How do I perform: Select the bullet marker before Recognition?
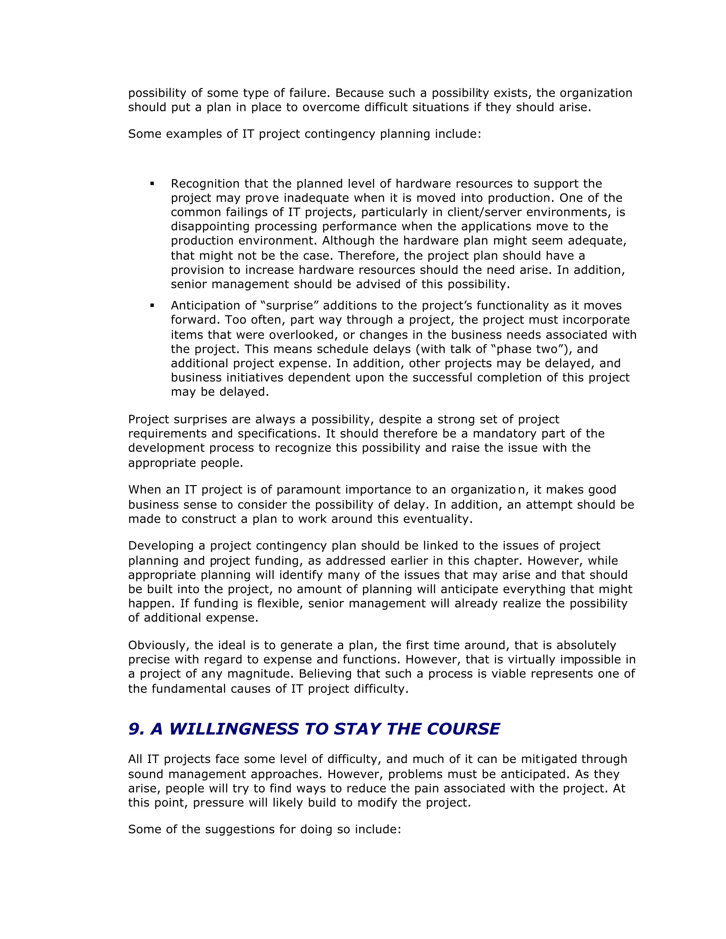coord(152,184)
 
